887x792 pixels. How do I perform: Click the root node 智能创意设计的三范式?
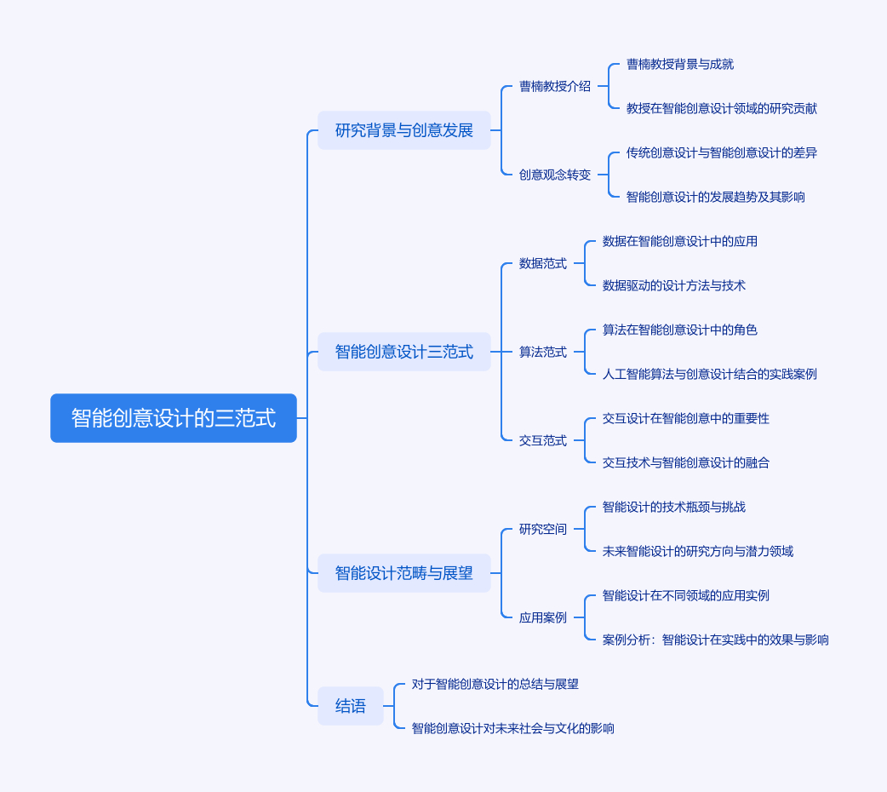[x=174, y=418]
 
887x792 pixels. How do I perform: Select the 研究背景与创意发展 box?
[x=403, y=130]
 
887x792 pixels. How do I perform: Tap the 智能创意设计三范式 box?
[x=403, y=352]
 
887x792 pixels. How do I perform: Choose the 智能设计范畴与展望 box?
[x=403, y=573]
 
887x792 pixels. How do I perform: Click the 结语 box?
[x=350, y=706]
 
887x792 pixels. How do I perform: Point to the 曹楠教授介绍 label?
[x=555, y=86]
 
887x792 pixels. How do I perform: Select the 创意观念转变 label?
[x=555, y=175]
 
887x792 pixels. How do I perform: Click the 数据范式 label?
[x=543, y=263]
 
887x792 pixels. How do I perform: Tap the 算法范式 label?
[x=543, y=352]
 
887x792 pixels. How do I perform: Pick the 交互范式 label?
[x=543, y=440]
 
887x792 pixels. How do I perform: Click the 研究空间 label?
[x=543, y=529]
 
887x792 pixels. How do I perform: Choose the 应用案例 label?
[x=543, y=617]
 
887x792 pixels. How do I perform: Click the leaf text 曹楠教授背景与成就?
[x=680, y=64]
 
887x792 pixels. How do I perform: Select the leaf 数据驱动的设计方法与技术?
[x=673, y=285]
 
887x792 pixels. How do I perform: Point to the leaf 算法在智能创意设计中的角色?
[x=680, y=330]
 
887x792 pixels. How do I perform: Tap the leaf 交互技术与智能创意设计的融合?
[x=685, y=462]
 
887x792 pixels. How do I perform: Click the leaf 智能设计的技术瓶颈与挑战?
[x=673, y=507]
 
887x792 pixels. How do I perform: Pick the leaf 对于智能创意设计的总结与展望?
[x=495, y=684]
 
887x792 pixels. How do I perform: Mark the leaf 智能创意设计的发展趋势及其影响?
[x=716, y=197]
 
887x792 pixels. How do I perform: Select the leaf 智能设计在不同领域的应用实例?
[x=685, y=595]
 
